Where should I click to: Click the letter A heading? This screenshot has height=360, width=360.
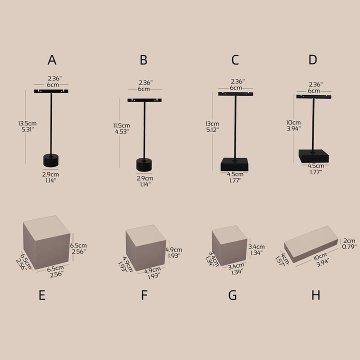pyautogui.click(x=52, y=60)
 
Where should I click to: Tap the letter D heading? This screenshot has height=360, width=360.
pyautogui.click(x=312, y=59)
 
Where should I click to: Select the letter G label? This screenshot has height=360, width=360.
pyautogui.click(x=232, y=295)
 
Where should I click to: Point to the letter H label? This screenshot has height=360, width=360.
pyautogui.click(x=315, y=295)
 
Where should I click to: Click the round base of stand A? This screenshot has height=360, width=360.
pyautogui.click(x=50, y=160)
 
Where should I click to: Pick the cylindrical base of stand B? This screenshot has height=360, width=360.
pyautogui.click(x=144, y=164)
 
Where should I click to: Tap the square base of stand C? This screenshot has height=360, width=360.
pyautogui.click(x=234, y=164)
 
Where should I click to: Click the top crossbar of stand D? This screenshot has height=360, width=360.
pyautogui.click(x=314, y=97)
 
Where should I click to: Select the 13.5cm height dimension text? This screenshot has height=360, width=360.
pyautogui.click(x=27, y=123)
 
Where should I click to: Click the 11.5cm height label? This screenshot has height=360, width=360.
pyautogui.click(x=121, y=125)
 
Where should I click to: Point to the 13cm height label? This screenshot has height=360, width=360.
pyautogui.click(x=212, y=124)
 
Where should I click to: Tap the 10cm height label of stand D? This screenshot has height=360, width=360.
pyautogui.click(x=293, y=122)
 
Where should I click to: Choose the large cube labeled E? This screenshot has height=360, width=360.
pyautogui.click(x=47, y=242)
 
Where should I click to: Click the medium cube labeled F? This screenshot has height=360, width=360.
pyautogui.click(x=146, y=248)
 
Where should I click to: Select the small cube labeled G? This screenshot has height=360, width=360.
pyautogui.click(x=229, y=245)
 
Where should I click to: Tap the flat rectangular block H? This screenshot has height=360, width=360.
pyautogui.click(x=311, y=244)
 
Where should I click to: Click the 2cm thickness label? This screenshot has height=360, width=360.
pyautogui.click(x=349, y=241)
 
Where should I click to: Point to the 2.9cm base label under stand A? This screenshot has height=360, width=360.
pyautogui.click(x=50, y=174)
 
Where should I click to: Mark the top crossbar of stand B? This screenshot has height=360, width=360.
pyautogui.click(x=144, y=100)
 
